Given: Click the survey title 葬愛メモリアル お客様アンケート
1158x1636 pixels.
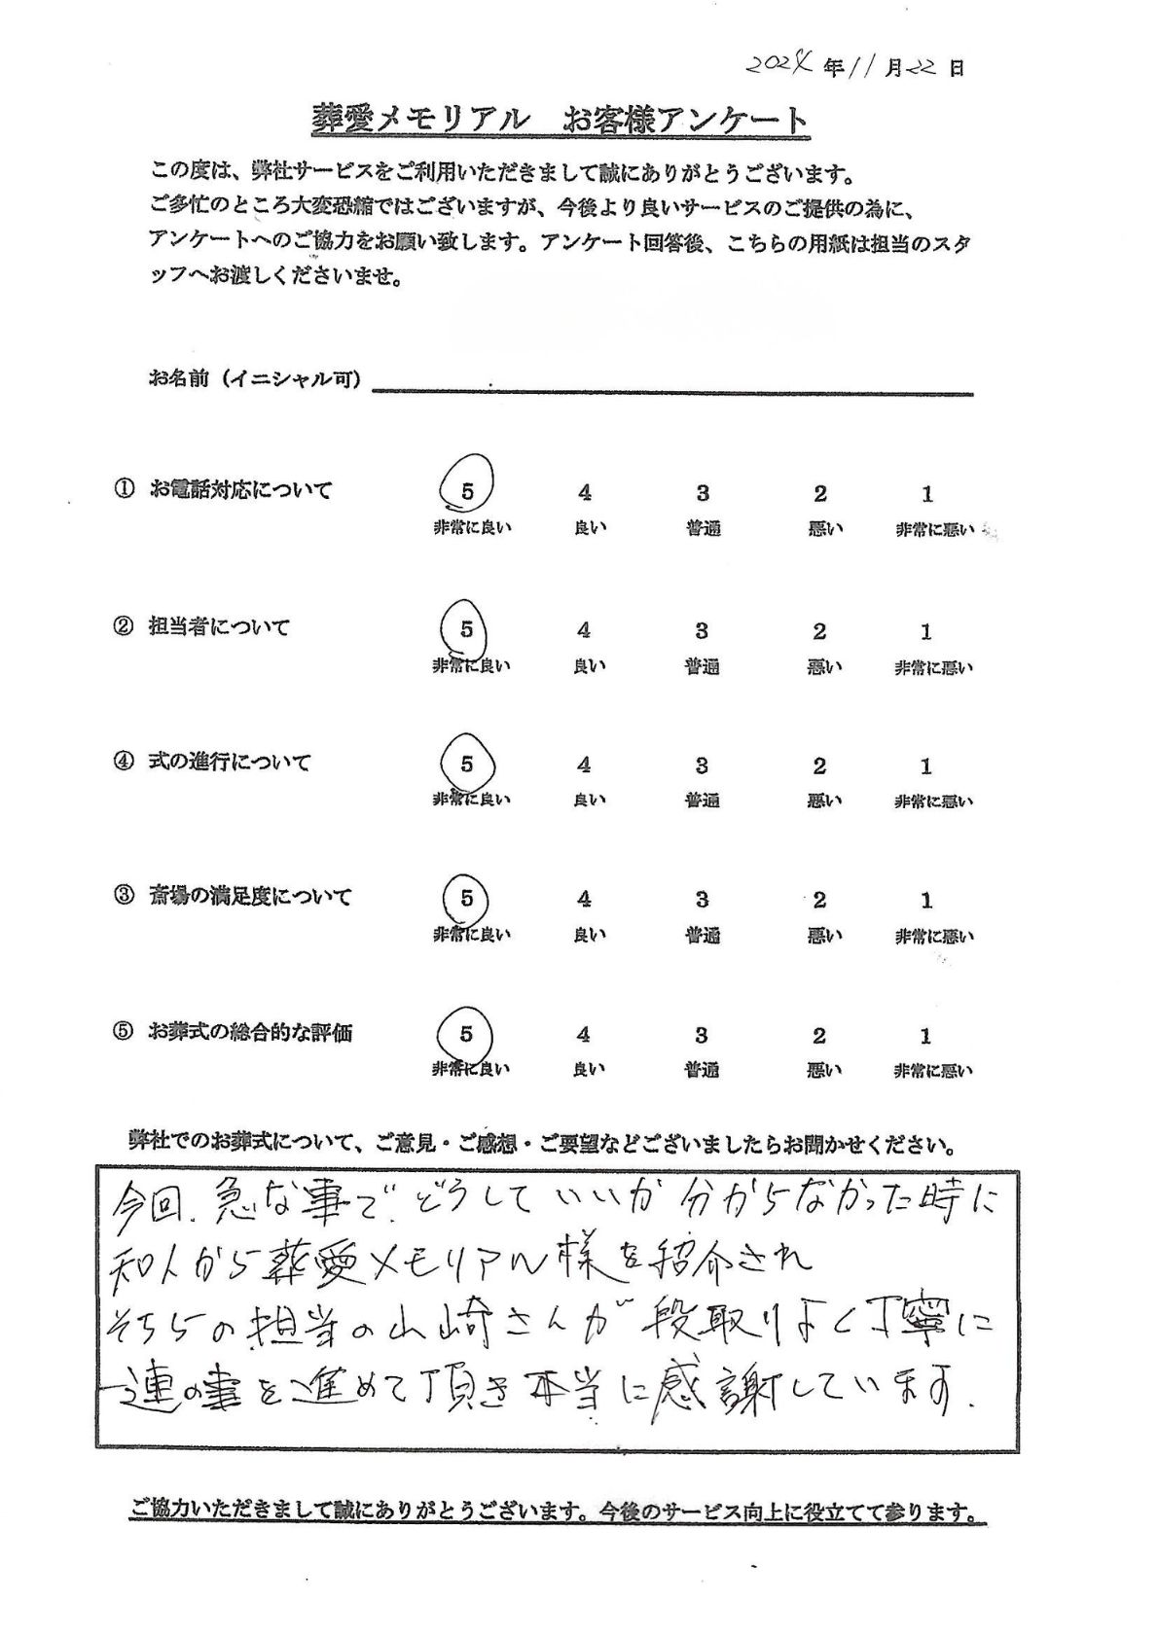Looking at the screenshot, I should point(559,121).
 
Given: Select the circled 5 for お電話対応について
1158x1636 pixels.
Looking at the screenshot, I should point(467,492).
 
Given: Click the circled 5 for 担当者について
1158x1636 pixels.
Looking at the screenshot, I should point(467,629).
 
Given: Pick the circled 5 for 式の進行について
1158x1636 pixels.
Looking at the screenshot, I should point(467,765).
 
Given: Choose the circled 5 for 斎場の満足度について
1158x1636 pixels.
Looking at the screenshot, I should point(467,899).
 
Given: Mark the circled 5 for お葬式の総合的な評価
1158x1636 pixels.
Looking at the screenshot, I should point(466,1033).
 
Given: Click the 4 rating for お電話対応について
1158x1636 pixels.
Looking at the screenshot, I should point(584,493).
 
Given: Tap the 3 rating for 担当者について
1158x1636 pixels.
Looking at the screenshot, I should point(702,631).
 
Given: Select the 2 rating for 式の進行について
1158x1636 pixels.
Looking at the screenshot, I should point(819,766).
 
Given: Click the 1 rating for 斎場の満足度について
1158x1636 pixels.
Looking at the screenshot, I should point(926,901).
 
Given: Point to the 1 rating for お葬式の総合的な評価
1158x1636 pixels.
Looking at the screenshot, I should point(925,1035).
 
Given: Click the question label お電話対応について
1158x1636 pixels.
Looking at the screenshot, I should point(240,490).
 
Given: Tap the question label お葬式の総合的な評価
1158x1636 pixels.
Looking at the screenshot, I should point(250,1033).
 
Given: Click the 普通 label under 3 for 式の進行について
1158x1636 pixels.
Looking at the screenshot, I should point(702,801).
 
